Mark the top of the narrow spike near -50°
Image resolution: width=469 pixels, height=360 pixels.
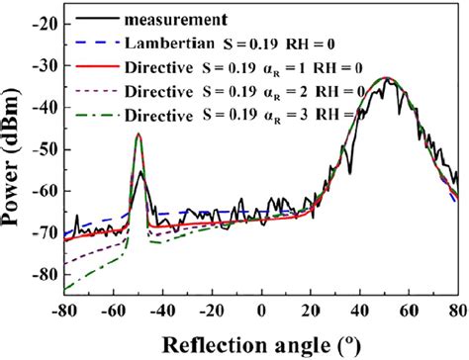click(x=139, y=134)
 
